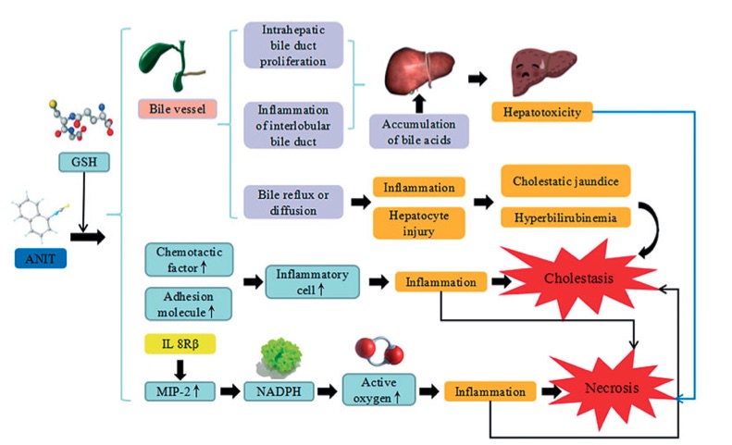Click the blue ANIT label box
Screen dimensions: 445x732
(x=41, y=258)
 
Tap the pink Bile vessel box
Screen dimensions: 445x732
(x=177, y=109)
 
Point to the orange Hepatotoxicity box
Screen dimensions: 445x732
(x=541, y=112)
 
